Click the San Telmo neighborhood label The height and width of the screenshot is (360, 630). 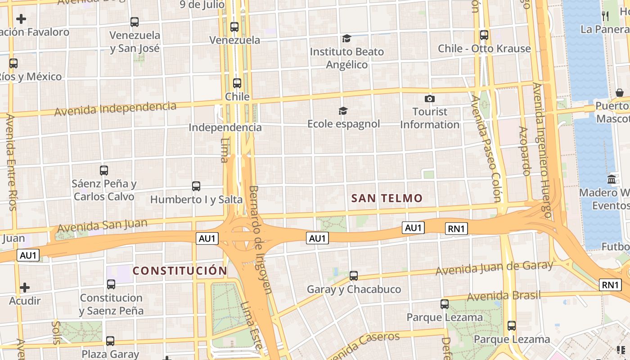[x=387, y=198]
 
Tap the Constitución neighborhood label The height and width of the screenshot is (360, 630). [x=180, y=270]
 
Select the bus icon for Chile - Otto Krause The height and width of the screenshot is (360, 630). [x=484, y=35]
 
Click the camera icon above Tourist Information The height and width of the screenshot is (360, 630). [x=430, y=99]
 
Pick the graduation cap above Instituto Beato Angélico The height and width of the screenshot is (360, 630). [x=346, y=38]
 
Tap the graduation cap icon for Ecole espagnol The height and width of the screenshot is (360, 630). [x=343, y=111]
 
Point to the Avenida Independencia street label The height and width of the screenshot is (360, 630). [x=115, y=108]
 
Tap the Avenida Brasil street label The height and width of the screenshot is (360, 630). [x=504, y=296]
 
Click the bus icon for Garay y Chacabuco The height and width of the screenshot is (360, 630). [x=354, y=275]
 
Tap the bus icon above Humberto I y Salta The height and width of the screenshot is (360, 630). [x=196, y=186]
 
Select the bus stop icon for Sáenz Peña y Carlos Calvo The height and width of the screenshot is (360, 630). [x=104, y=170]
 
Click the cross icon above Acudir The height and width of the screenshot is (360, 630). [x=25, y=287]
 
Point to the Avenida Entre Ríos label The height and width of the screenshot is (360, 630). [x=11, y=162]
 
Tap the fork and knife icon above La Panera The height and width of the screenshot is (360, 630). [x=605, y=16]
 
